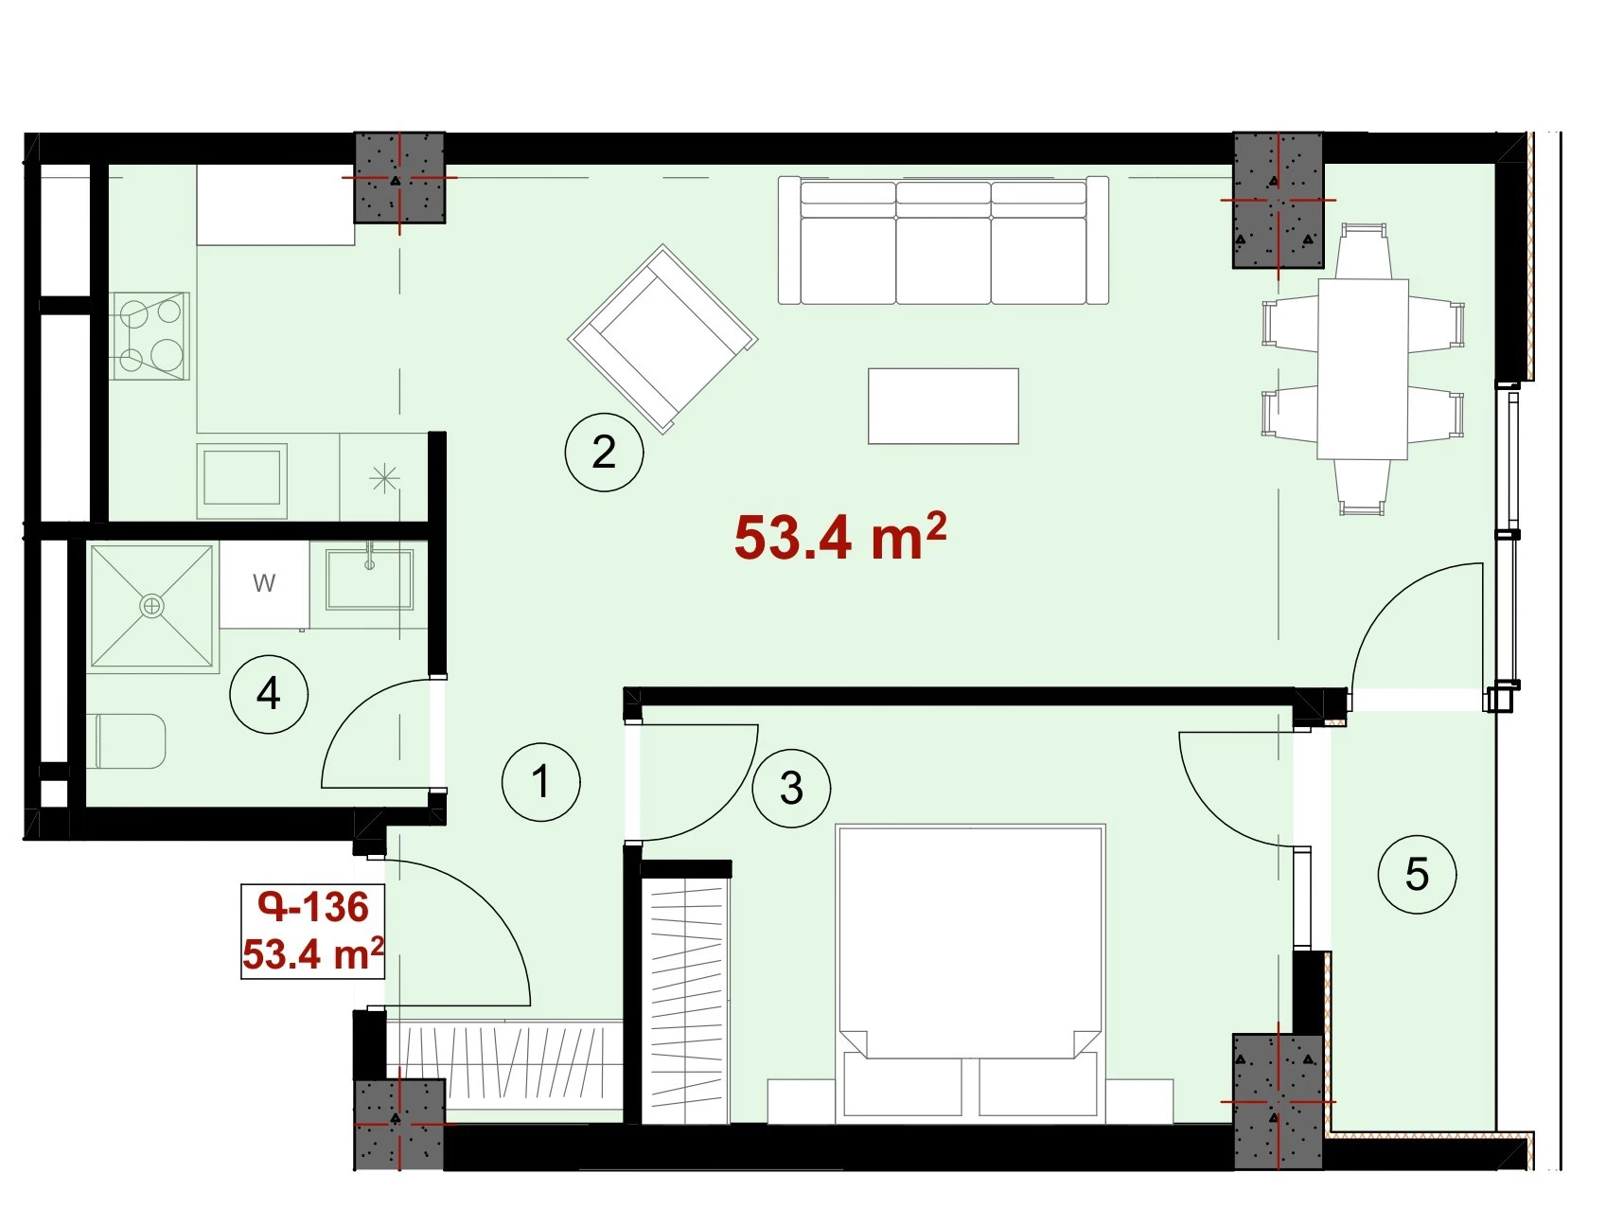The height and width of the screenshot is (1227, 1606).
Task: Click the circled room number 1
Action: tap(540, 782)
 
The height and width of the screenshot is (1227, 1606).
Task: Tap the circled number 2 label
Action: tap(604, 452)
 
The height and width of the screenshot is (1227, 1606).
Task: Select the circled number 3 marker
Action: tap(791, 788)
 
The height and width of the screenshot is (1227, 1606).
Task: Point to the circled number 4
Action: tap(269, 694)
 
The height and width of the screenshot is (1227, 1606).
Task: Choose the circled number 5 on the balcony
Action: tap(1417, 874)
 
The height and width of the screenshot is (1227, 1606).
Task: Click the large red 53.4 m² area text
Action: tap(840, 537)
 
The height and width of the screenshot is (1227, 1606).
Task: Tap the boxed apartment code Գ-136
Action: tap(313, 907)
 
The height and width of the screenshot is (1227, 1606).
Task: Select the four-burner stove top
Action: tap(150, 336)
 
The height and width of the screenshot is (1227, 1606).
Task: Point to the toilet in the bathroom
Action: tap(132, 741)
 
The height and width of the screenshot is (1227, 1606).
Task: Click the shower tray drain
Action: tap(151, 606)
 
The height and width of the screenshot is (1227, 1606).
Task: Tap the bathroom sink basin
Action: tap(369, 579)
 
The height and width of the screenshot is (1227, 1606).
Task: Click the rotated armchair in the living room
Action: tap(662, 339)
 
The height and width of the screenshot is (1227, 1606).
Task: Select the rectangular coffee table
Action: tap(944, 406)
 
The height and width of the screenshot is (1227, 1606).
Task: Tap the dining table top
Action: tap(1363, 368)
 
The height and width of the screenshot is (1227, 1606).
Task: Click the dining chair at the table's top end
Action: tap(1364, 251)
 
